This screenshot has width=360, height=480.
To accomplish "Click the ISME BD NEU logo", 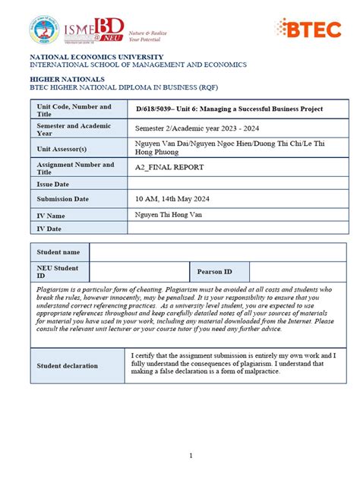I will click(94, 30).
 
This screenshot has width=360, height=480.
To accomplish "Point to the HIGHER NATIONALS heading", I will click(68, 80).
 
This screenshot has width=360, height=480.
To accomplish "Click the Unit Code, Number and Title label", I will click(74, 111).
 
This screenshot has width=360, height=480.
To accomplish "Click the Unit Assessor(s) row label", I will click(66, 149).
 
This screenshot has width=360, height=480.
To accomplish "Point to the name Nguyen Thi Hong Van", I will click(172, 215).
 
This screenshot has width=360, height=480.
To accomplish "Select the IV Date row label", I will click(49, 229).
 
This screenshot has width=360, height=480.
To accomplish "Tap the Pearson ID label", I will click(215, 272).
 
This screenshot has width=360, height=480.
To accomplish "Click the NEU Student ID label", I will click(58, 272).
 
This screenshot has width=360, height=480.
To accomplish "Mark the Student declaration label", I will click(68, 366).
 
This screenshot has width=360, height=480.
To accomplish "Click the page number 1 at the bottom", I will click(191, 456).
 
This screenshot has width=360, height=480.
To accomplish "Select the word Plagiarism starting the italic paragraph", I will click(53, 289).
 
